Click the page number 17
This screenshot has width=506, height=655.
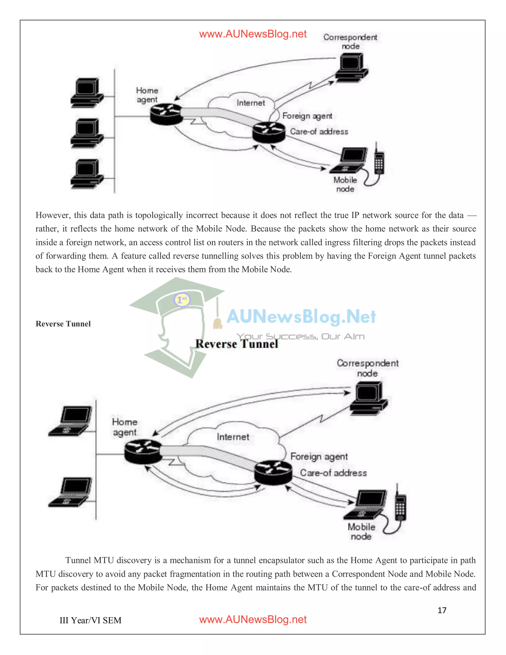442,610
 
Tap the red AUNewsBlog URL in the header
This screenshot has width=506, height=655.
253,34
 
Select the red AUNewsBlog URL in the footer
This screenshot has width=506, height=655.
253,619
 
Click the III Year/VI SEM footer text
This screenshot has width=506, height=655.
90,620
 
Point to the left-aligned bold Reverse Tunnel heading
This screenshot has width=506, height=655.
63,324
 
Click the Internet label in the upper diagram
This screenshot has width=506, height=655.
251,103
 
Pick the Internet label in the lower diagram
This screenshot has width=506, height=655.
233,437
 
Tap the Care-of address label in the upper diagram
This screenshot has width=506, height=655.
319,131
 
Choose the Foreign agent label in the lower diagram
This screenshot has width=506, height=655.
319,456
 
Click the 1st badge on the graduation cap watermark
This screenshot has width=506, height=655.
182,299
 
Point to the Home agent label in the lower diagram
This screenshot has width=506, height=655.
125,427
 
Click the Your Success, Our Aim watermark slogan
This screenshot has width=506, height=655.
300,336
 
